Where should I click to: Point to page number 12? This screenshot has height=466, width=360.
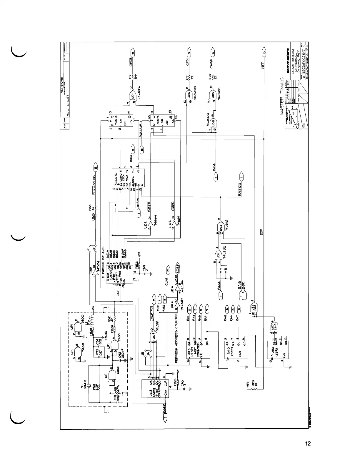click(308, 444)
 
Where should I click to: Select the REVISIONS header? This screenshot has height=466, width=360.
click(62, 85)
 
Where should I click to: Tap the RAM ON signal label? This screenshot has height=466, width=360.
click(240, 190)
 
